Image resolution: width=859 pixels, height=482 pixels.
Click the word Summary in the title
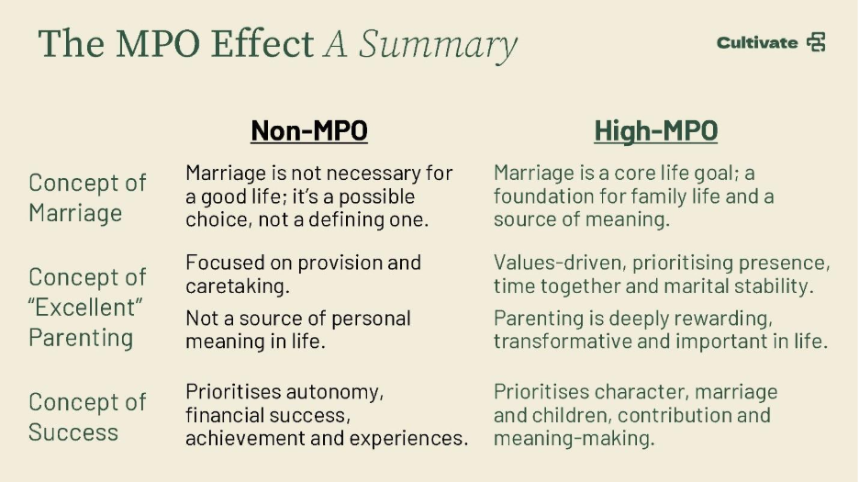(438, 44)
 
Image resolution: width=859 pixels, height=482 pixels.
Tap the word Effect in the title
(262, 43)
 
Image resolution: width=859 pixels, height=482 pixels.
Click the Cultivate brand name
(757, 43)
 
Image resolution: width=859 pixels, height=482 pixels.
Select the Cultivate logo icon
(816, 42)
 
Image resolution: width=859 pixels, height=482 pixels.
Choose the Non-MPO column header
(309, 130)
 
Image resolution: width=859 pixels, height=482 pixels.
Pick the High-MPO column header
(656, 130)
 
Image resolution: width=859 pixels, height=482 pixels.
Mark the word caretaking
(237, 286)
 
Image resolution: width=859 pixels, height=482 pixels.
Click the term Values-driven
(559, 263)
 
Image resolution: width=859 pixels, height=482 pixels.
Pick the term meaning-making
(574, 438)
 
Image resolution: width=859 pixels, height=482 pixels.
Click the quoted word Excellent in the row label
(85, 307)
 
